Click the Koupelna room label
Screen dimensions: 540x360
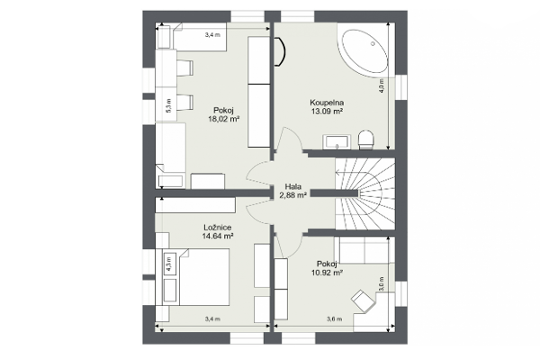[327, 103]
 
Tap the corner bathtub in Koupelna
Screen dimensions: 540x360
[364, 51]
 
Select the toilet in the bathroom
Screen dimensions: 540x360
[365, 139]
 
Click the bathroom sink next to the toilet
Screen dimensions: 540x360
[337, 142]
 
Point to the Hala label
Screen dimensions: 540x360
[293, 186]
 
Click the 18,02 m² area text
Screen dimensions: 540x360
[223, 119]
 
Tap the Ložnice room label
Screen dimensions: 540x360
[217, 228]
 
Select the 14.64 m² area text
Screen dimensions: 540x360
[217, 236]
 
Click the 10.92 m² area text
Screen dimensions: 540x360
[326, 273]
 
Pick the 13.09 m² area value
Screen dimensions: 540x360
[327, 111]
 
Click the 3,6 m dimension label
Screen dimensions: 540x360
[334, 319]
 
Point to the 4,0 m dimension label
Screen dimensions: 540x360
[382, 85]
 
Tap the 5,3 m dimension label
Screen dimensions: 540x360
[168, 105]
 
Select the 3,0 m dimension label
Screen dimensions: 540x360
[382, 284]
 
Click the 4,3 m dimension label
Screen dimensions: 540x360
[169, 265]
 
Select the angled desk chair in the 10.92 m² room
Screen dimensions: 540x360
[363, 301]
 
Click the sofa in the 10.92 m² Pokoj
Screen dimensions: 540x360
[364, 250]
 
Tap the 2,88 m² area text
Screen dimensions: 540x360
[293, 195]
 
